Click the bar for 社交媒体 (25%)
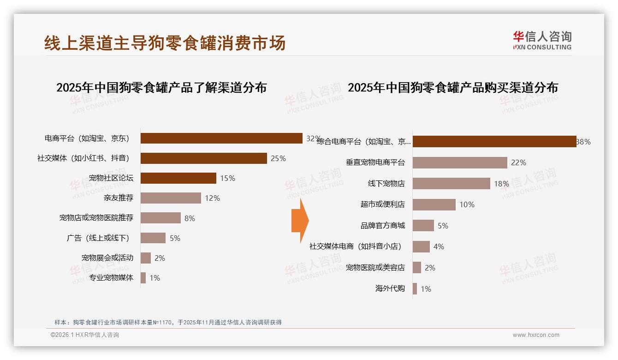(203, 158)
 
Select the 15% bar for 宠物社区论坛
(178, 178)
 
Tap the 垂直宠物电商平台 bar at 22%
(460, 162)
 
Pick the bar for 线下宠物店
(451, 184)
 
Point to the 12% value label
(213, 198)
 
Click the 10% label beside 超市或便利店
(467, 204)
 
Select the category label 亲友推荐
(119, 198)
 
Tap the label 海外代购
(390, 288)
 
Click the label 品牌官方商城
(382, 226)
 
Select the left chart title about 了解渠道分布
(161, 88)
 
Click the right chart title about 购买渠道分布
(453, 88)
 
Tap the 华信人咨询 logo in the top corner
(542, 40)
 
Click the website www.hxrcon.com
(536, 335)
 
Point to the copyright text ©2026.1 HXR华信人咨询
(85, 335)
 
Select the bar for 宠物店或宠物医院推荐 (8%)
(160, 218)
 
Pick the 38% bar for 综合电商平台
(494, 142)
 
